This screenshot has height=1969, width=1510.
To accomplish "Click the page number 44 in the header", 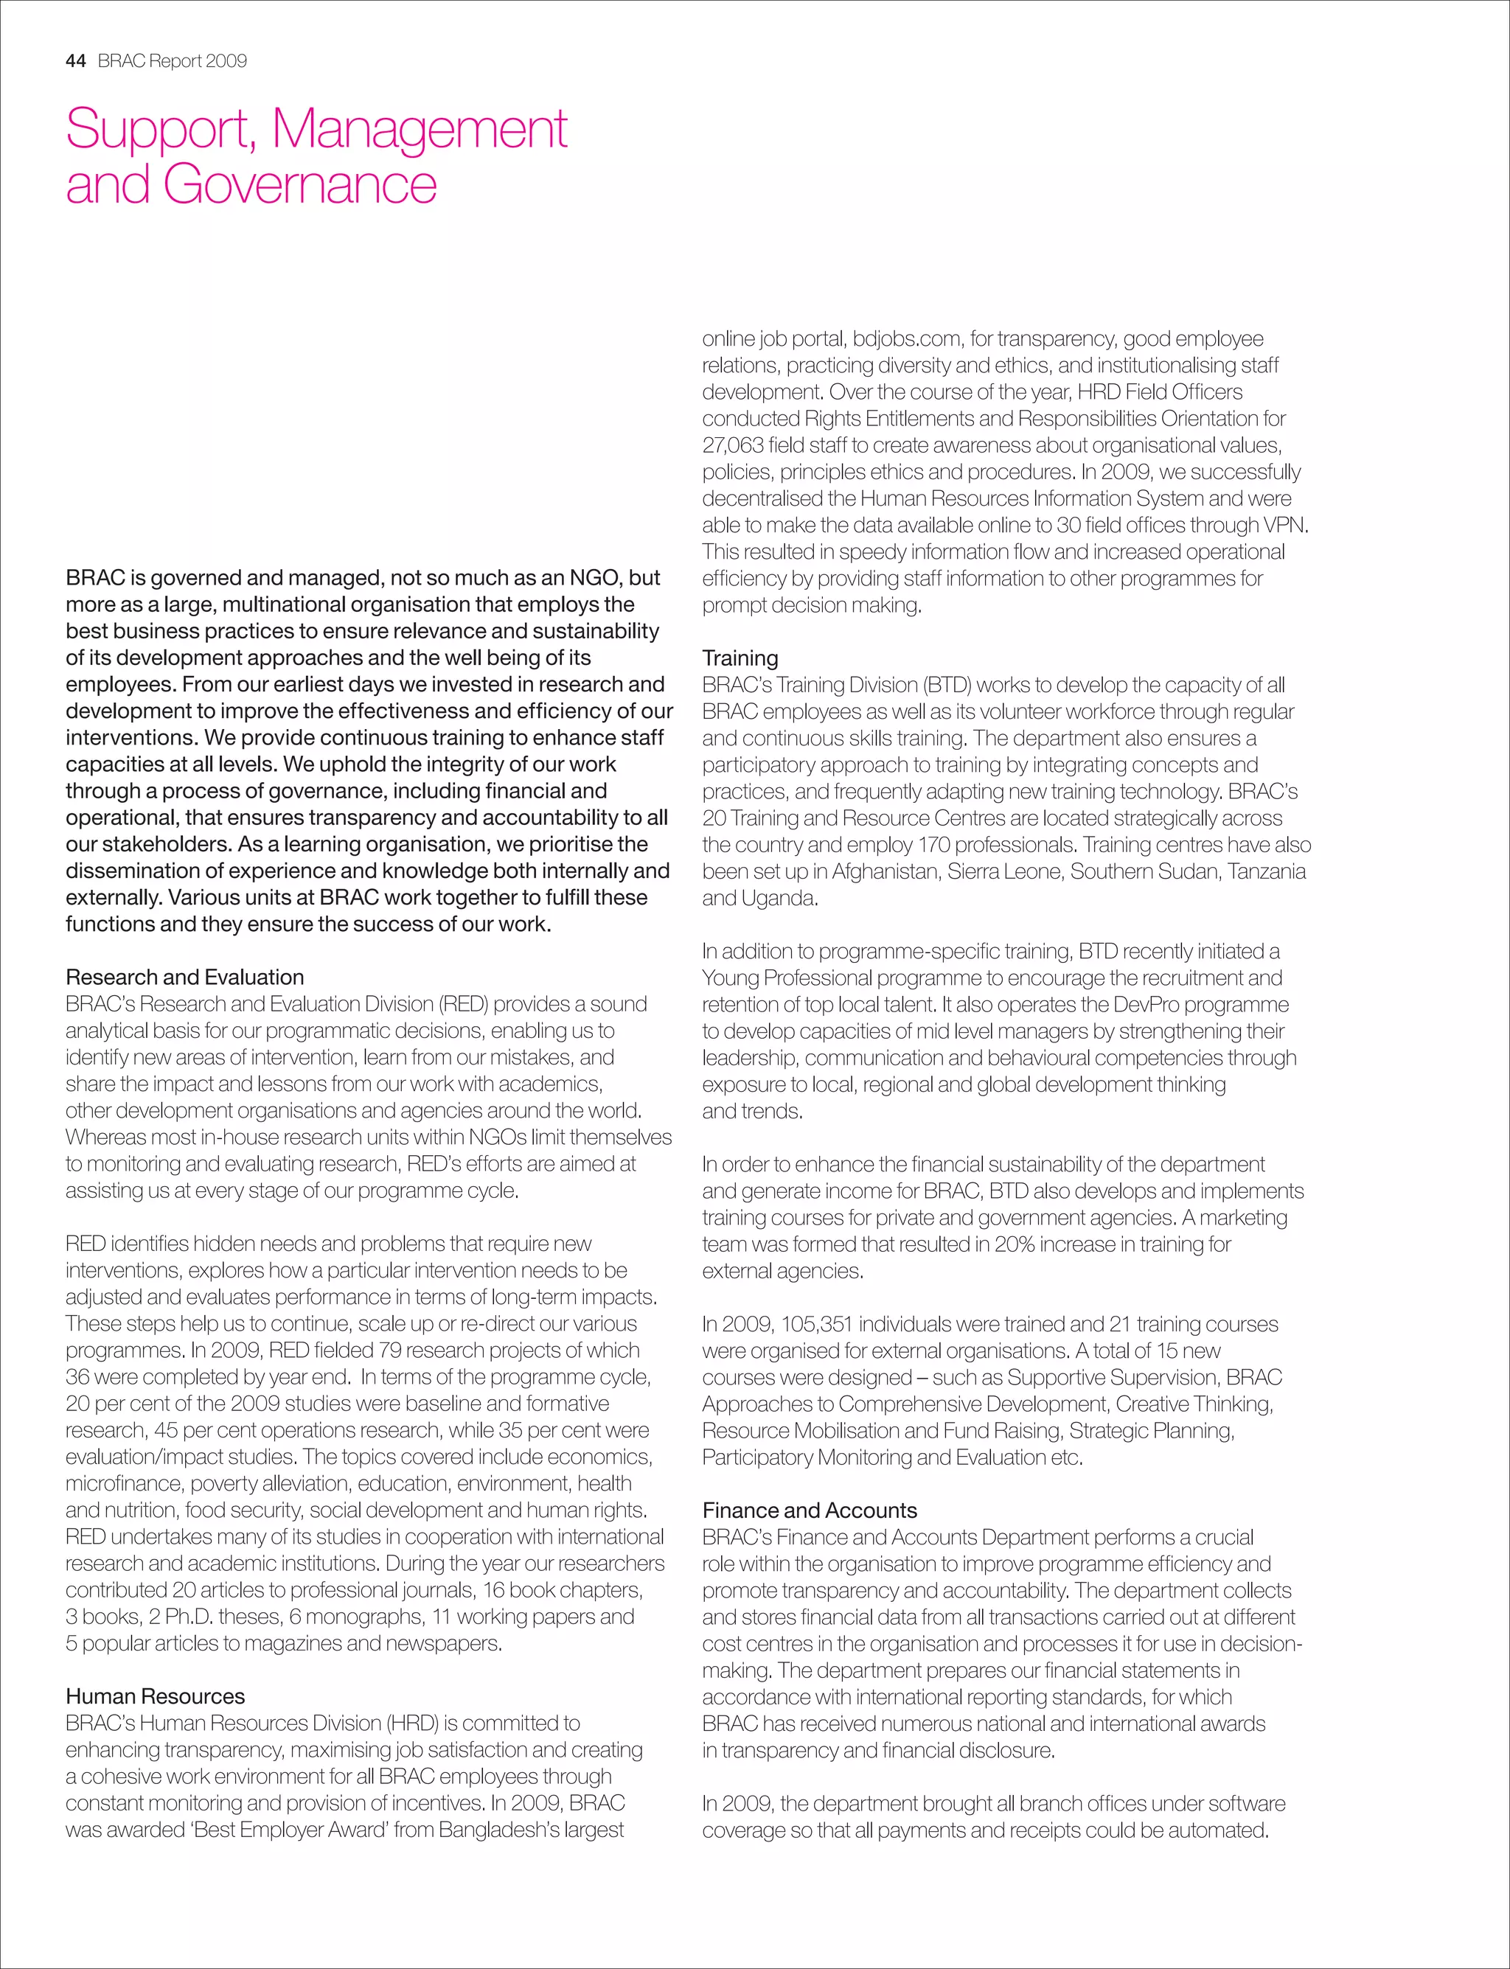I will coord(75,61).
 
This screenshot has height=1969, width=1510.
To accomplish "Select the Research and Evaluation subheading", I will coord(184,977).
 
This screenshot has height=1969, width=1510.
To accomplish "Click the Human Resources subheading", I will coord(155,1696).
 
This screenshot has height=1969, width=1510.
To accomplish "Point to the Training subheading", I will coord(740,658).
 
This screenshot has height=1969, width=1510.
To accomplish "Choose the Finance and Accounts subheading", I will coord(810,1510).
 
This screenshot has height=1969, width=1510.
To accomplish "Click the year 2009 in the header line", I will coord(226,61).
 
